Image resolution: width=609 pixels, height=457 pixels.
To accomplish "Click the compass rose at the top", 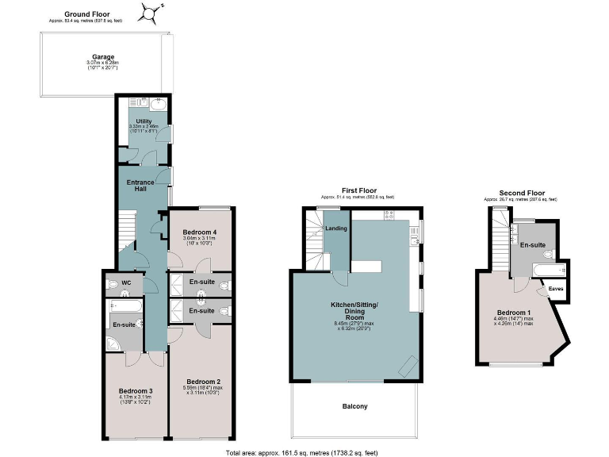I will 151,13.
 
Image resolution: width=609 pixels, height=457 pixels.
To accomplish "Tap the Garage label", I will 102,57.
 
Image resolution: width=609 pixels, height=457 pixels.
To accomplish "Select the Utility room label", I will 144,121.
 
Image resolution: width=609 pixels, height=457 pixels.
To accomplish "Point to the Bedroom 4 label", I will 200,232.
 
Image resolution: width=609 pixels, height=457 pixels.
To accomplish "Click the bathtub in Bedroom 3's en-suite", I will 127,305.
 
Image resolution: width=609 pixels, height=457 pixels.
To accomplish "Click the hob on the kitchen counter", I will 389,215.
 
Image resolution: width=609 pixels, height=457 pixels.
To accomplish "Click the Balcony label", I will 354,406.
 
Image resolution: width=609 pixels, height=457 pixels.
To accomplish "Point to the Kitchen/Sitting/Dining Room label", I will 354,309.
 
